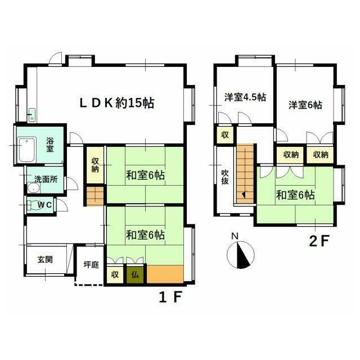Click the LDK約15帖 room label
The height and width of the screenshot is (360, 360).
117,102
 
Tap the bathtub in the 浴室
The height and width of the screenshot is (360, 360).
27,150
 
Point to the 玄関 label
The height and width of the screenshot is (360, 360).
45,260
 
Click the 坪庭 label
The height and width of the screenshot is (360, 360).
91,264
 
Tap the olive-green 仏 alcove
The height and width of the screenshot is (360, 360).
135,274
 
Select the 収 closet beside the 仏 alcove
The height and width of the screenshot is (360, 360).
115,274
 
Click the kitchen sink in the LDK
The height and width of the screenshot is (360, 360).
31,115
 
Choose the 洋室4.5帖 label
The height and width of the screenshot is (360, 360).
245,97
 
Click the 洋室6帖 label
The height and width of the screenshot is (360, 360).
305,105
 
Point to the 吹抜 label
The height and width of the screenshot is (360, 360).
225,177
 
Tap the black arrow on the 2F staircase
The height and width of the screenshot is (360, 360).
244,195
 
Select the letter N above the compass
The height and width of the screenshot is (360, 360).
235,236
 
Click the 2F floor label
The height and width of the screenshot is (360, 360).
319,240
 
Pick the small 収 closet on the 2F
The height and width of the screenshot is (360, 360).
225,135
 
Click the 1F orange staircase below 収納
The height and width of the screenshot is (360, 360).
95,196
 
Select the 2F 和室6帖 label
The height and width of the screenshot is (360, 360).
295,195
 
